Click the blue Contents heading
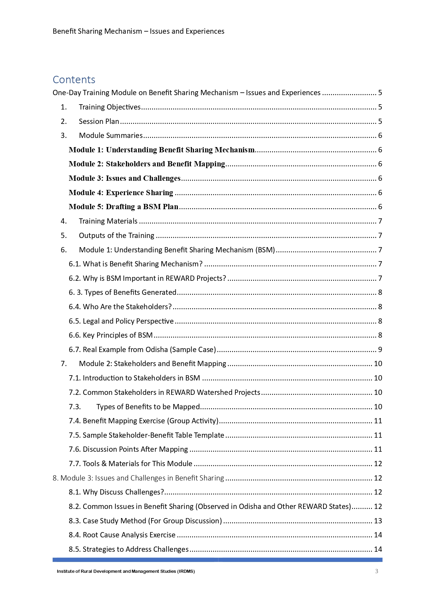click(74, 80)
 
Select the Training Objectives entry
click(109, 107)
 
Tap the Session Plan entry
click(99, 121)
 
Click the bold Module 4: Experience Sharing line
click(121, 193)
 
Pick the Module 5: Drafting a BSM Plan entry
click(123, 207)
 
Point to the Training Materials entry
click(108, 221)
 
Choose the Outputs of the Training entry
click(116, 236)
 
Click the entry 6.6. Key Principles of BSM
click(111, 335)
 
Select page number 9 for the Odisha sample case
click(380, 350)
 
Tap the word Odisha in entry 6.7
click(156, 350)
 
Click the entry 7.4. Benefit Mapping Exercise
click(143, 421)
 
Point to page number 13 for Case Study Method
click(378, 521)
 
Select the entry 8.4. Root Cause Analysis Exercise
click(122, 535)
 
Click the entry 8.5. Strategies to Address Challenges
click(129, 549)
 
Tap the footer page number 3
click(376, 571)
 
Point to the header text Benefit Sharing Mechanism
click(97, 31)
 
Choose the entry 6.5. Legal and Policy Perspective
click(121, 321)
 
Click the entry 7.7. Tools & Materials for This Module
click(130, 464)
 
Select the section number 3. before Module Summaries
click(63, 135)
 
